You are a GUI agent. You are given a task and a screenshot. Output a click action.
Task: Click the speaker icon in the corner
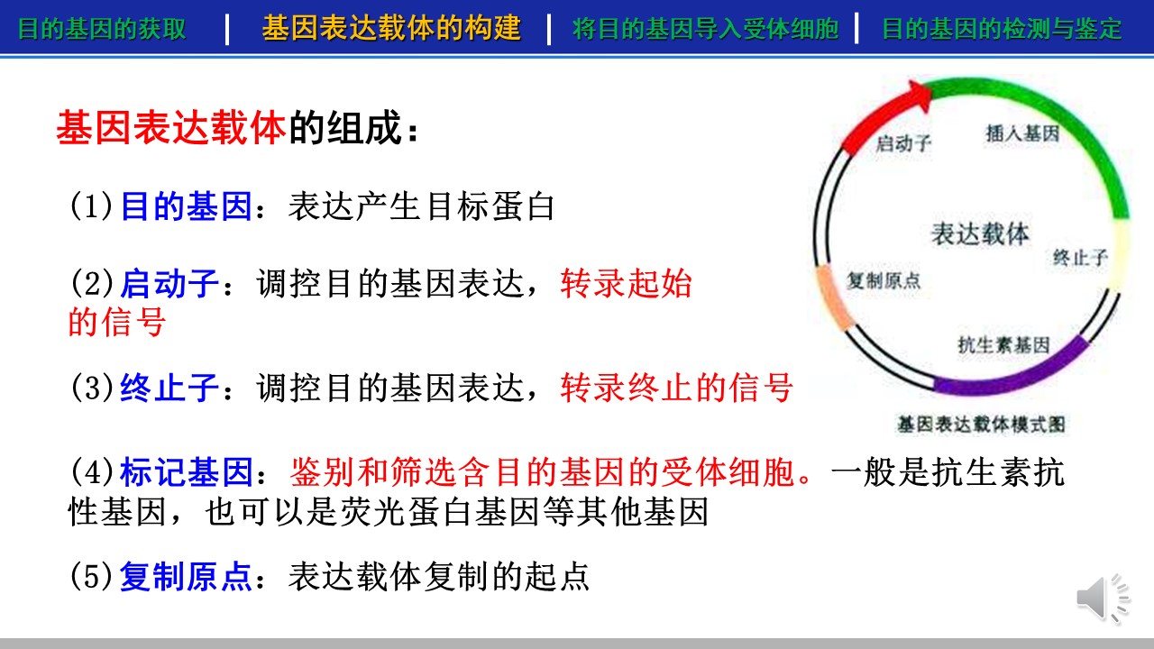(1103, 599)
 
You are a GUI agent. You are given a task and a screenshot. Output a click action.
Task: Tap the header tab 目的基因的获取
(102, 28)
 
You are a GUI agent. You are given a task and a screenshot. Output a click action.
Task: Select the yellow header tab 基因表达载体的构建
(391, 28)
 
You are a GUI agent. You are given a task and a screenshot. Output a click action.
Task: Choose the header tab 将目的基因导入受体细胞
(705, 28)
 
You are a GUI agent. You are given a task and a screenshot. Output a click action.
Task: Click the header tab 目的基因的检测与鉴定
(1002, 28)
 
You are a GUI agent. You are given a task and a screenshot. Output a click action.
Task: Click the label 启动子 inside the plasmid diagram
(903, 142)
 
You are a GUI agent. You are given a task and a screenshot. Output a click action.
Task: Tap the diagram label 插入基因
(1022, 133)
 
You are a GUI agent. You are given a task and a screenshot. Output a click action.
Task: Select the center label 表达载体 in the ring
(980, 233)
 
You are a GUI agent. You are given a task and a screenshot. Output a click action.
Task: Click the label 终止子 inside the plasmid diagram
(1080, 257)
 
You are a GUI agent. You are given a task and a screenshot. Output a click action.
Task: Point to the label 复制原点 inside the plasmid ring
(884, 280)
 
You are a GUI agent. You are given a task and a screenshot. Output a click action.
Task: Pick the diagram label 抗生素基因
(1003, 344)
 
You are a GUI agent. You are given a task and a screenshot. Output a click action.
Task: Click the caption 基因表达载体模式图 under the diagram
(981, 424)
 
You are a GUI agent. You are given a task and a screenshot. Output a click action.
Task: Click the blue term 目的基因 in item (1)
(186, 206)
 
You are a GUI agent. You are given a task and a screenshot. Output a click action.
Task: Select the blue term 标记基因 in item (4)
(186, 471)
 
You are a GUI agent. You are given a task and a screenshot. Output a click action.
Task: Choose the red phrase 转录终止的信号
(676, 388)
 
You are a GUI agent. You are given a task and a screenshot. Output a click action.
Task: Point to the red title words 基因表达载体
(171, 127)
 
